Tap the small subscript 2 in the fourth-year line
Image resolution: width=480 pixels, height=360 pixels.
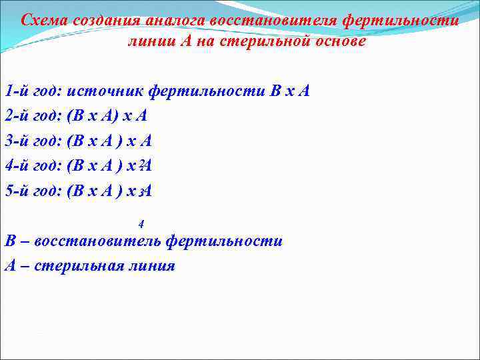(x=141, y=163)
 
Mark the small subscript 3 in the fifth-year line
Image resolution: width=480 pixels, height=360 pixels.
(x=141, y=193)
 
